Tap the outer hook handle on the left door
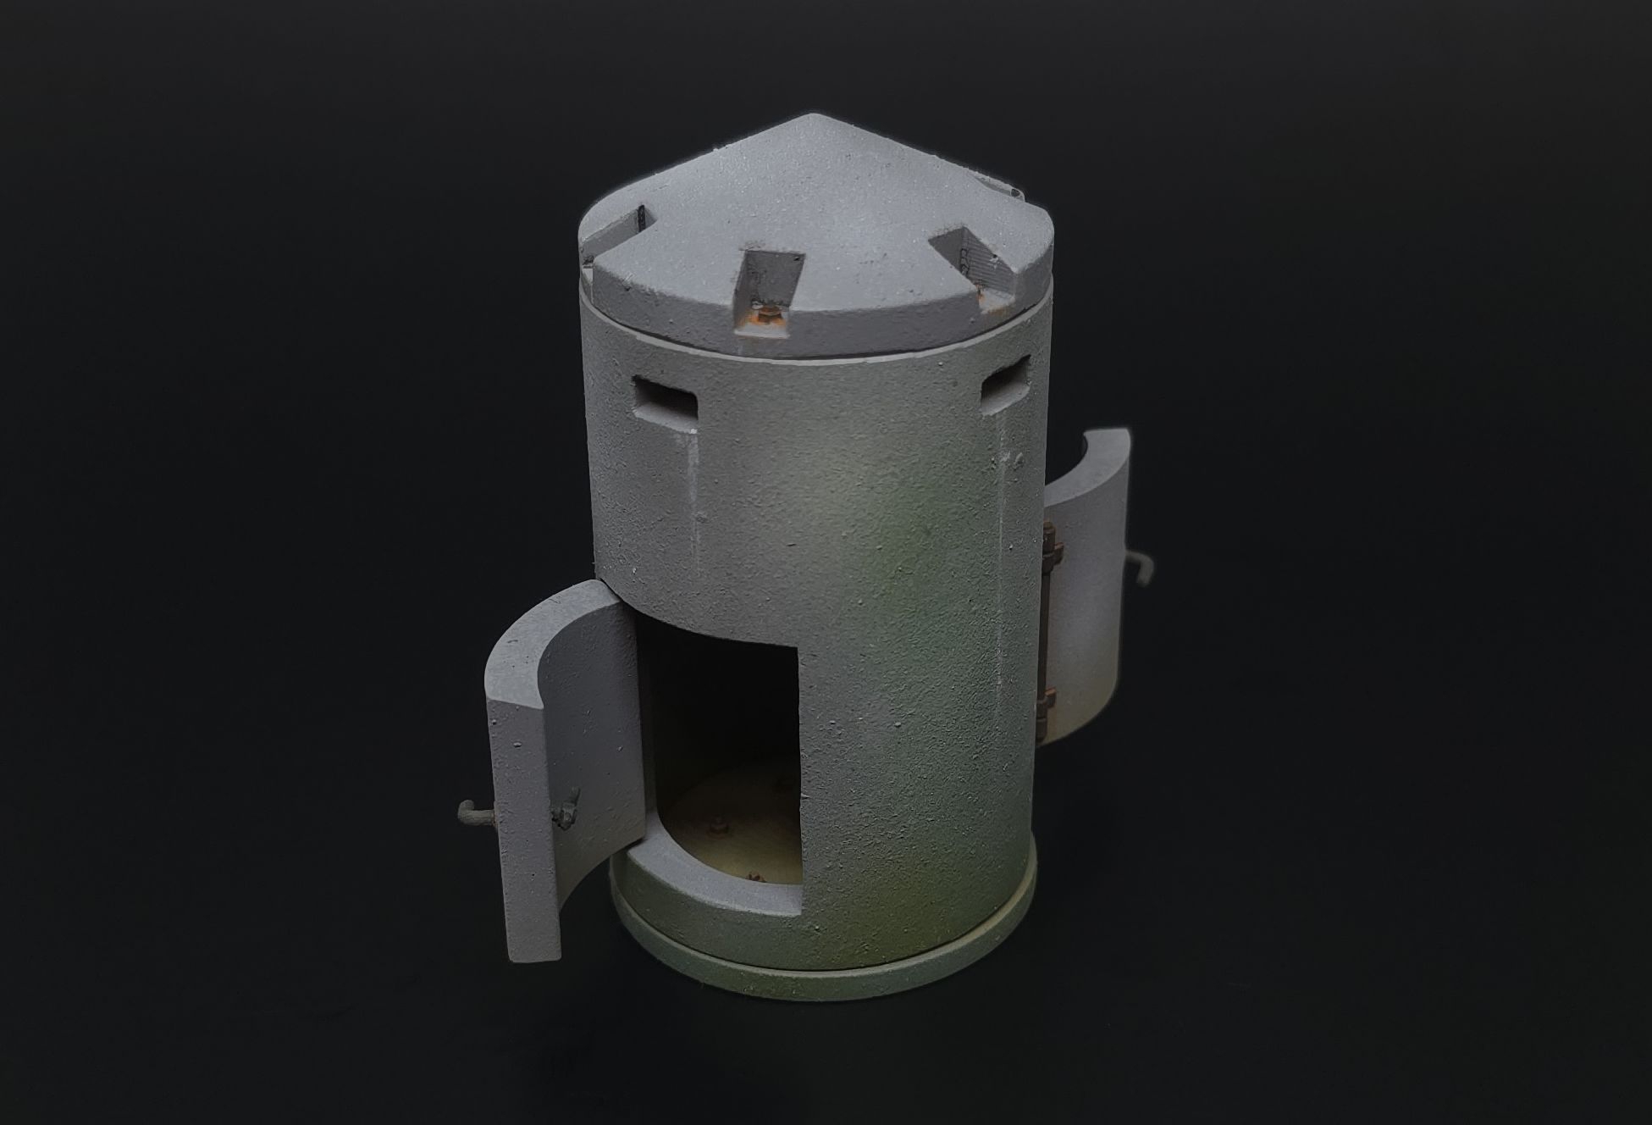click(x=472, y=814)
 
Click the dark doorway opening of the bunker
click(x=720, y=720)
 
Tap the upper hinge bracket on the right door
click(x=1051, y=540)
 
